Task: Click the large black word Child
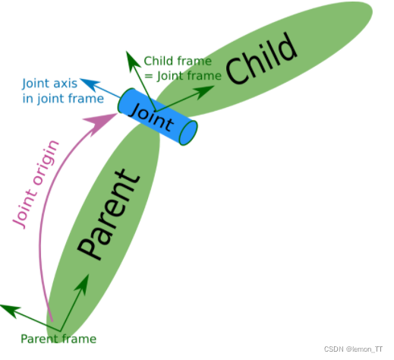pyautogui.click(x=261, y=58)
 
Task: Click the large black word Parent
pyautogui.click(x=109, y=214)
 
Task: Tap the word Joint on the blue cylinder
pyautogui.click(x=152, y=117)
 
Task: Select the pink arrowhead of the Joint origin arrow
pyautogui.click(x=101, y=123)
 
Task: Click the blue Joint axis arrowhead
pyautogui.click(x=90, y=84)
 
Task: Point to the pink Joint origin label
pyautogui.click(x=36, y=185)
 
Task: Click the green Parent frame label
pyautogui.click(x=58, y=339)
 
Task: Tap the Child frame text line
pyautogui.click(x=178, y=61)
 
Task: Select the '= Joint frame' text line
pyautogui.click(x=183, y=76)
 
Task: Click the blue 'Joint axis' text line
pyautogui.click(x=50, y=84)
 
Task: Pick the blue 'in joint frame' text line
pyautogui.click(x=63, y=99)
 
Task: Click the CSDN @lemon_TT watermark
pyautogui.click(x=353, y=349)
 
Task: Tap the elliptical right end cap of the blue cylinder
pyautogui.click(x=188, y=133)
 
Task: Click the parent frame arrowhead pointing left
pyautogui.click(x=10, y=311)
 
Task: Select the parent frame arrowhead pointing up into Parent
pyautogui.click(x=84, y=285)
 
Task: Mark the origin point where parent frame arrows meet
pyautogui.click(x=60, y=331)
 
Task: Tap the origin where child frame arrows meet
pyautogui.click(x=156, y=111)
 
